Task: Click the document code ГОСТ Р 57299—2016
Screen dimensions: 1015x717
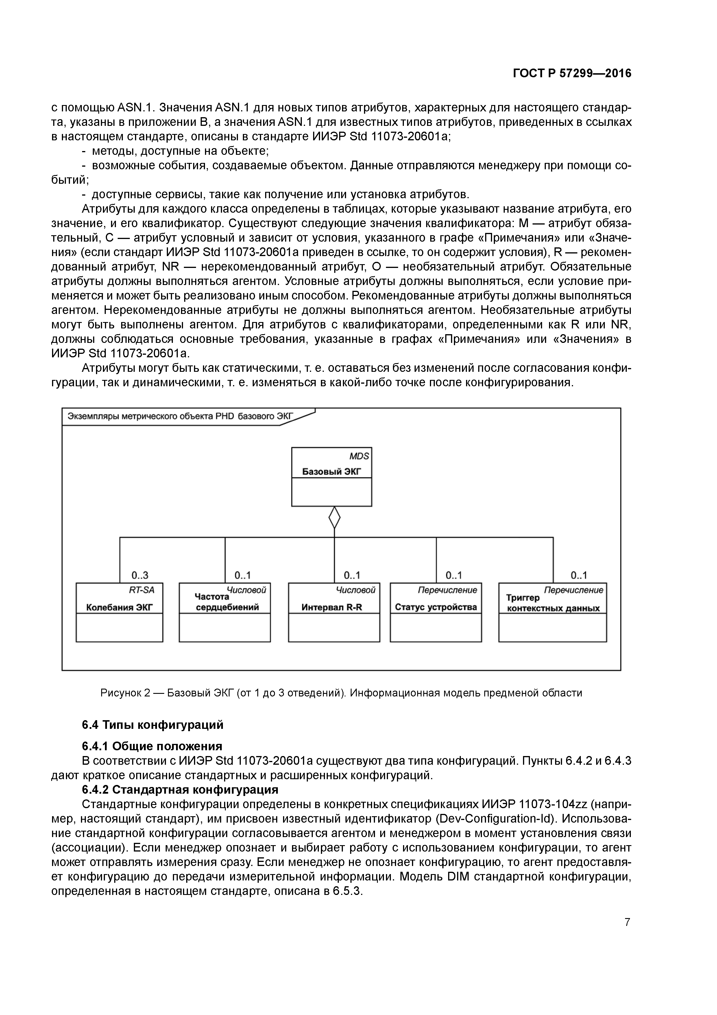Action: coord(572,73)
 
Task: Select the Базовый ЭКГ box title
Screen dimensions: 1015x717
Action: coord(331,472)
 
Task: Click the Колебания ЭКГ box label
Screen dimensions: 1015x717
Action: coord(119,607)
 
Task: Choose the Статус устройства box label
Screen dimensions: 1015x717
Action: coord(436,607)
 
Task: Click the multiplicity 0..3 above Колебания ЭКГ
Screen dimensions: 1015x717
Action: coord(140,575)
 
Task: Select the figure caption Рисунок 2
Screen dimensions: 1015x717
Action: coord(341,692)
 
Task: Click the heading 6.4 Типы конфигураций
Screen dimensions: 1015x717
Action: coord(152,725)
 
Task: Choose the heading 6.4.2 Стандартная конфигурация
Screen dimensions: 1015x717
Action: coord(180,790)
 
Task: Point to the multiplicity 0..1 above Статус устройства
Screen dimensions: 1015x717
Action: coord(454,575)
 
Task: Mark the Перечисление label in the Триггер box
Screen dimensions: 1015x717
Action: coord(573,590)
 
